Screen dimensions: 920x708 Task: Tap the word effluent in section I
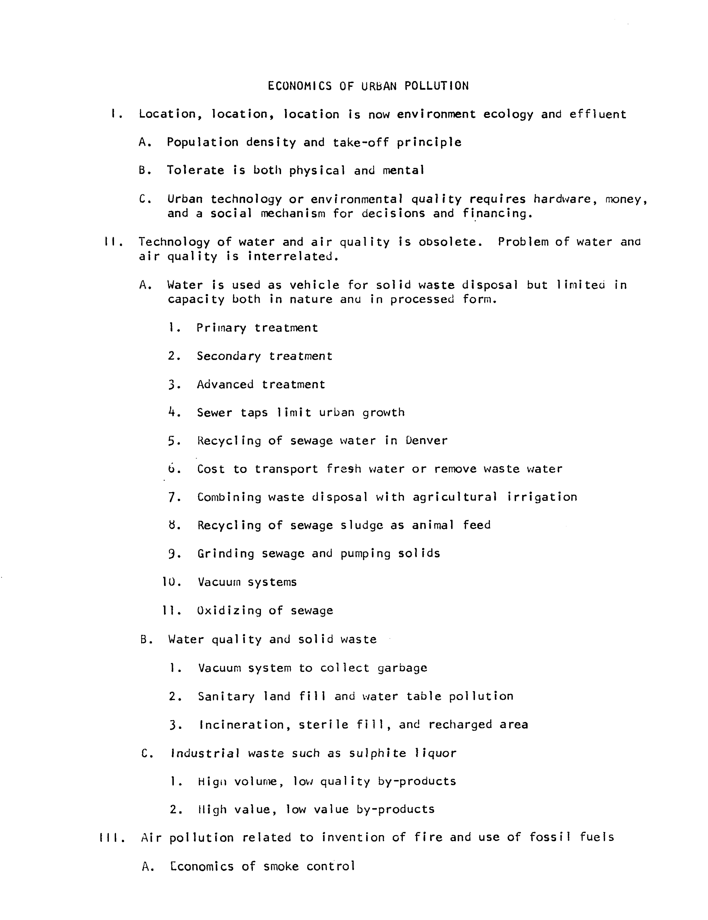598,114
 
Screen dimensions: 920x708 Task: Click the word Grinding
226,554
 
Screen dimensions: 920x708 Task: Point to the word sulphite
377,753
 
